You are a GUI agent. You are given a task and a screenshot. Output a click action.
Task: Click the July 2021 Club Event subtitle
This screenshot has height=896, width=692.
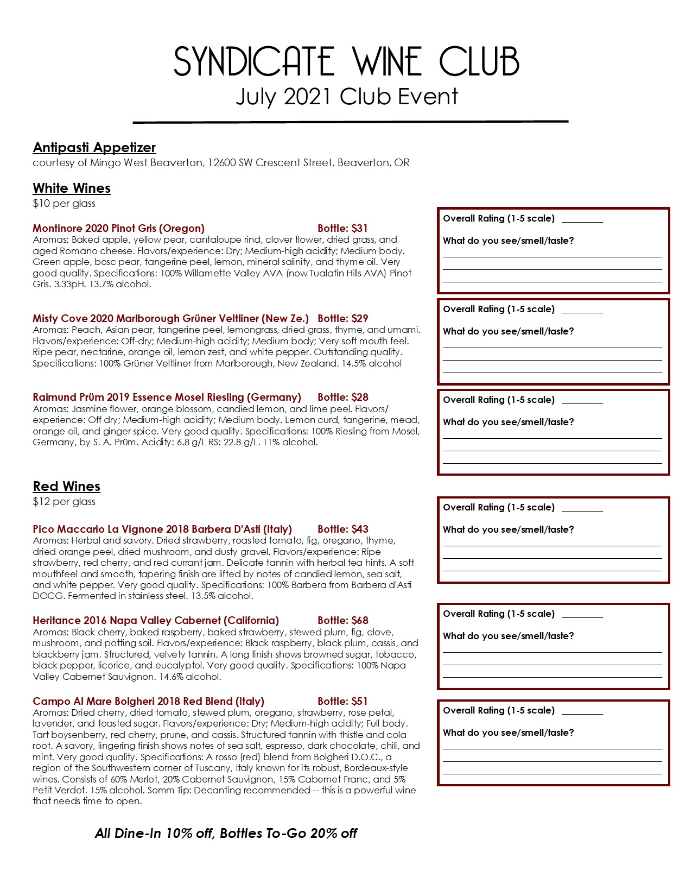[346, 97]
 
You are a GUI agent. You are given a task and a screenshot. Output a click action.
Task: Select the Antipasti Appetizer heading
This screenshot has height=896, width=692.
[94, 148]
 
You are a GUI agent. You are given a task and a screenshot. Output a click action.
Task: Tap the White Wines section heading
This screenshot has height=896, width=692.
[72, 188]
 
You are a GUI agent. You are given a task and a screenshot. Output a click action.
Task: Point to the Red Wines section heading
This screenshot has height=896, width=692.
[66, 487]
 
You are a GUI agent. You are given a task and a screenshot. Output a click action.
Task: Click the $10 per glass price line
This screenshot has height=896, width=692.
[64, 204]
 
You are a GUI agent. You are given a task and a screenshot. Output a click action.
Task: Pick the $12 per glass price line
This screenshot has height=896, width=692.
[64, 502]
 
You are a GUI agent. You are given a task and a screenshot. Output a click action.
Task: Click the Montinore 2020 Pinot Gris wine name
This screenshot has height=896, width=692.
[118, 229]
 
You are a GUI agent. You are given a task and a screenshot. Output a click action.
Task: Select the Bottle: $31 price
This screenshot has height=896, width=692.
[342, 229]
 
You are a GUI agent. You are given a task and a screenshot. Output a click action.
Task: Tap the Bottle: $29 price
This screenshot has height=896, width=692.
[342, 319]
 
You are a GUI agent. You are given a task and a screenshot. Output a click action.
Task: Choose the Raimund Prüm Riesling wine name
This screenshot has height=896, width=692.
[167, 397]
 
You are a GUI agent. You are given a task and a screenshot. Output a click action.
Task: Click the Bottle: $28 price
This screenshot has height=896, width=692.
[342, 397]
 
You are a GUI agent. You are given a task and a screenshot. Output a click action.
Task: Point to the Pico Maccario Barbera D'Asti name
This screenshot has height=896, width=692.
[162, 529]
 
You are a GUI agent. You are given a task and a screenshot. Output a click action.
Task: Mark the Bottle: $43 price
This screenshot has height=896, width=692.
[342, 529]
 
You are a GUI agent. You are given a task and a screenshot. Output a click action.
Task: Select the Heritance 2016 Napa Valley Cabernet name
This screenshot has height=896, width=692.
[156, 621]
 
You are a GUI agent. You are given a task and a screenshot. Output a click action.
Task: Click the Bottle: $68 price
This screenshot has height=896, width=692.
[342, 621]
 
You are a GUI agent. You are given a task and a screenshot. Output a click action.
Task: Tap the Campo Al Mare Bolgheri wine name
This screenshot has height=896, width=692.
[148, 702]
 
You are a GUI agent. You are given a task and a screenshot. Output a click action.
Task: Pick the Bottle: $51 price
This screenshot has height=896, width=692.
[342, 702]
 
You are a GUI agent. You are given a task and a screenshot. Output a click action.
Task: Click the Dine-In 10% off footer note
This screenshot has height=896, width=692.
[226, 834]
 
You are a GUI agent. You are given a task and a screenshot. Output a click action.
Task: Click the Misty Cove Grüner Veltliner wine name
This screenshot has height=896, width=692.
[170, 319]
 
